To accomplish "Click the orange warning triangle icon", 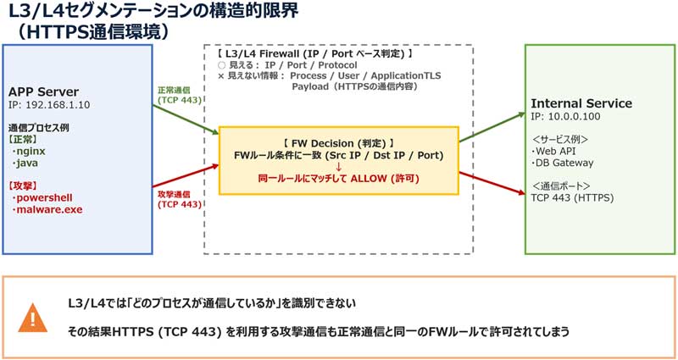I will click(x=33, y=318).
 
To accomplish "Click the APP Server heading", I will click(x=43, y=91).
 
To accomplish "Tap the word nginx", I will click(x=34, y=150).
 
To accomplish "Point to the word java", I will click(x=30, y=163).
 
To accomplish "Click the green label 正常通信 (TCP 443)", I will click(x=180, y=94).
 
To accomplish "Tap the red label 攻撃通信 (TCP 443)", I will click(x=180, y=199).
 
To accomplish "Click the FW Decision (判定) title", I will click(x=338, y=141).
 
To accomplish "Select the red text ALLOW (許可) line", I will click(x=338, y=179).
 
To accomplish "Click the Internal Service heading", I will click(x=581, y=103).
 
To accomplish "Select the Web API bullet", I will click(x=556, y=151).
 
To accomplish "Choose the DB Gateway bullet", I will click(x=564, y=163).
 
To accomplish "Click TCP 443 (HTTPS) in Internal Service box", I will click(x=572, y=198).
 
